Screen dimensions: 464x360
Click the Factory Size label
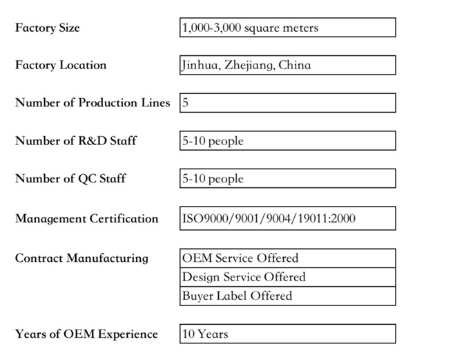pos(48,28)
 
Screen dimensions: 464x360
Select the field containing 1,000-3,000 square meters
pos(288,28)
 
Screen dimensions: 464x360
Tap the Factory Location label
pos(61,65)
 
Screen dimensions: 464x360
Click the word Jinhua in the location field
pos(200,65)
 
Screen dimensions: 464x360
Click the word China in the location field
pos(295,65)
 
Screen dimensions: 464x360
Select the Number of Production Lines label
pos(93,103)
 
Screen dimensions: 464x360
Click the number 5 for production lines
pos(186,103)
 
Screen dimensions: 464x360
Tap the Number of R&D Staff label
pos(76,141)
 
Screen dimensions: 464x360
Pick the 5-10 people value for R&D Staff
pos(213,141)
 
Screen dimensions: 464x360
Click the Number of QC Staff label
pos(70,178)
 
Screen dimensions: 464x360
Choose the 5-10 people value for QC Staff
pos(213,179)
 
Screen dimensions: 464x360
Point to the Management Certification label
pos(87,218)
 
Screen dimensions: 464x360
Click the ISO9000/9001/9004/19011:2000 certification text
pos(269,218)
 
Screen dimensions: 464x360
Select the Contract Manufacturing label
pos(81,258)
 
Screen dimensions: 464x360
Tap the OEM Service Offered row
pos(288,258)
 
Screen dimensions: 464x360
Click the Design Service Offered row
pos(288,277)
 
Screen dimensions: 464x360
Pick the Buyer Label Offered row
pos(288,296)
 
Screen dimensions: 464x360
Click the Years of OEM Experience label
pos(86,334)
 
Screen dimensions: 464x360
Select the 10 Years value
pos(205,334)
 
